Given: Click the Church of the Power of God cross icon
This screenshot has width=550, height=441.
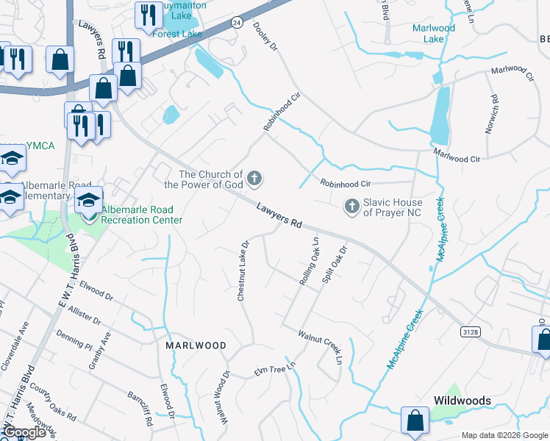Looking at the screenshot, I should pos(254,178).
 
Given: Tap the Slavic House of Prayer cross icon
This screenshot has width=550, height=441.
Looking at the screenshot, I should pos(351,207).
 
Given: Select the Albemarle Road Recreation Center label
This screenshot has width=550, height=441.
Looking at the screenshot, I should pos(138,215).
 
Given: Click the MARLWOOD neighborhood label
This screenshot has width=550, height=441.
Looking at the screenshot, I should pos(195,345).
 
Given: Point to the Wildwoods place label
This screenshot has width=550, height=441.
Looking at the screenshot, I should pos(462,401).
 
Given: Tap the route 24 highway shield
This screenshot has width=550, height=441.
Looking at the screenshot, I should pos(237,23).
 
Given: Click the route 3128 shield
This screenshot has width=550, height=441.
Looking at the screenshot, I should pos(471,332).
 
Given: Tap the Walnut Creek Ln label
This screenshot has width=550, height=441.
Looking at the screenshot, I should pos(321,346).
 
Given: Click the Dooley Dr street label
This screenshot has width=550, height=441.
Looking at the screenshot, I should pos(268,36).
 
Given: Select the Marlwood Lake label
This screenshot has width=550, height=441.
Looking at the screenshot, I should pos(434,33).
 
